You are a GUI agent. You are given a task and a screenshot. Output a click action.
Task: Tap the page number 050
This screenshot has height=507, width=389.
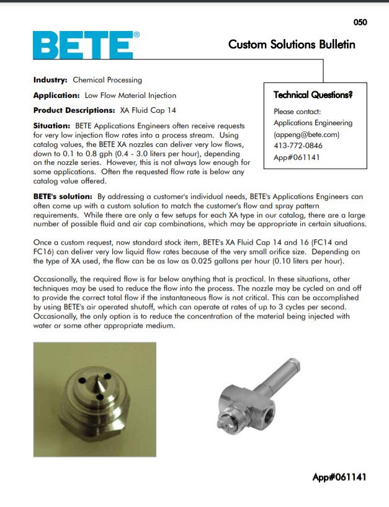(x=360, y=22)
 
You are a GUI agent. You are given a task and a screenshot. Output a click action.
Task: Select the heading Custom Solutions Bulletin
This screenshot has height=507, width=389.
(x=292, y=45)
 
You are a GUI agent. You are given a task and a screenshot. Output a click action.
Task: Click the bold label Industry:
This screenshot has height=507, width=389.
(x=50, y=80)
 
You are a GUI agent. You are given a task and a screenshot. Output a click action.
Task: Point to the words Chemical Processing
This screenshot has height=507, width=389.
(x=107, y=80)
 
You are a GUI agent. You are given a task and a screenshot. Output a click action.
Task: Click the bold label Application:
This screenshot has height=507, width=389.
(x=56, y=95)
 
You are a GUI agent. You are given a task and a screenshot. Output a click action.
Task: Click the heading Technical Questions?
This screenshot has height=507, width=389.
(x=313, y=95)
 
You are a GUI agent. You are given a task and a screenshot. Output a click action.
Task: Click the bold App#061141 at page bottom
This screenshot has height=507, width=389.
(x=339, y=477)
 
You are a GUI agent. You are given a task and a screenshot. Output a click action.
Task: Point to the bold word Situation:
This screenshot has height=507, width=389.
(x=52, y=126)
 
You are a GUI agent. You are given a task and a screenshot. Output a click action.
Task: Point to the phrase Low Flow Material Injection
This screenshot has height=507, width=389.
(x=130, y=95)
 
